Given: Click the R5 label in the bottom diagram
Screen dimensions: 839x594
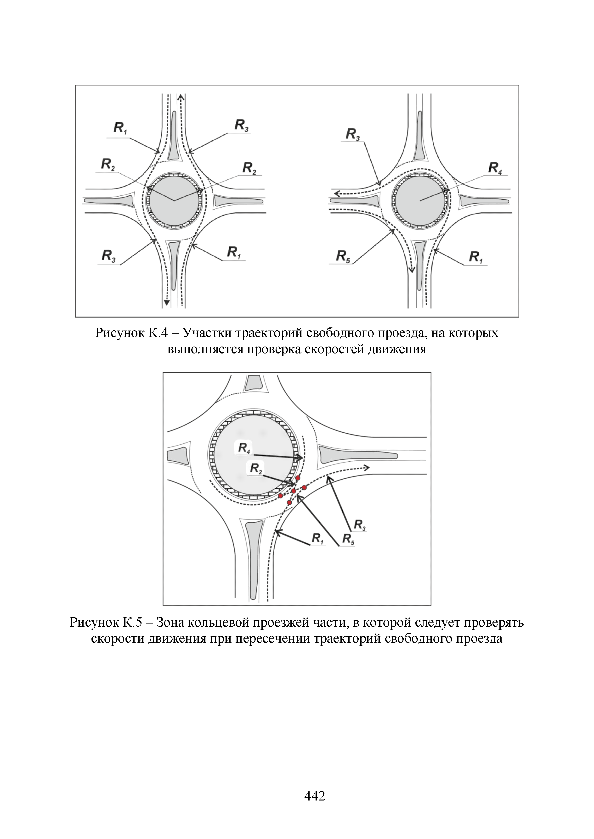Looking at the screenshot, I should [348, 539].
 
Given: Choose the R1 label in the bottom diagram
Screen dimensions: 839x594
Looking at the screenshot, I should [317, 538].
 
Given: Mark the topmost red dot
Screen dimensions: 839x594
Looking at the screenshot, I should [298, 478].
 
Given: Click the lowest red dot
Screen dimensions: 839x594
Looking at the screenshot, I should [289, 503].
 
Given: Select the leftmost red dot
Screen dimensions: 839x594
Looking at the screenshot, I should [281, 496].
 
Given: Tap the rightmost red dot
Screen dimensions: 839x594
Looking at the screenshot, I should [304, 487].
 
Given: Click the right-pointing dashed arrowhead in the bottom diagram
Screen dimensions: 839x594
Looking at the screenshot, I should [367, 468].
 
